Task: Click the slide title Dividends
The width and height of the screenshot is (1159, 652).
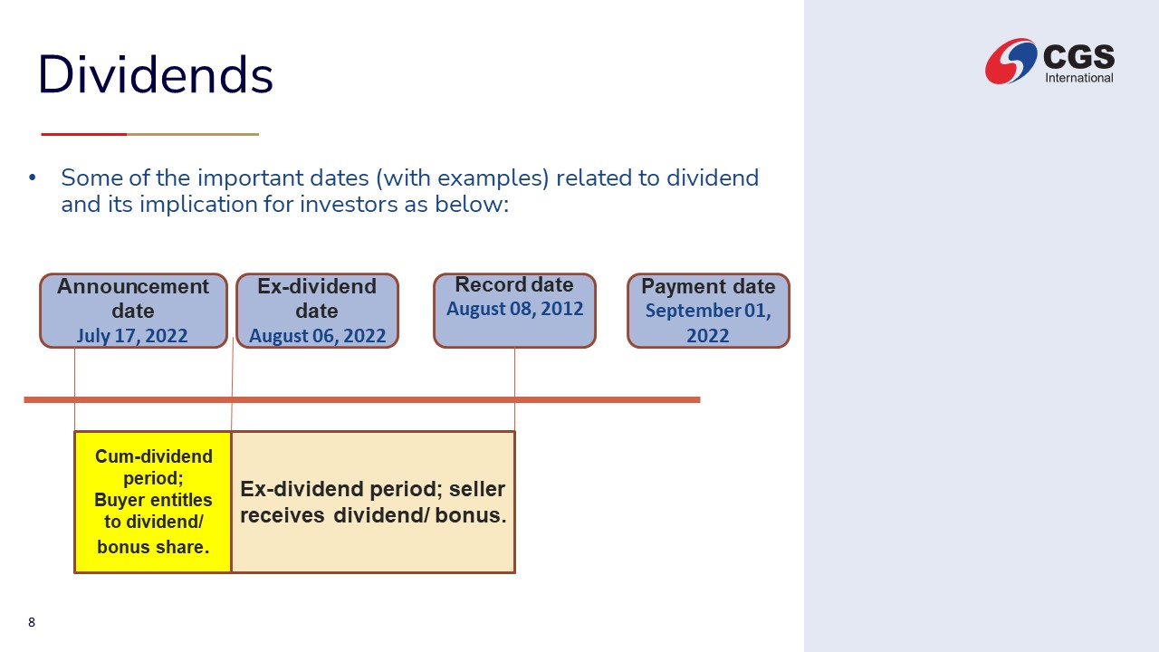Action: click(x=155, y=74)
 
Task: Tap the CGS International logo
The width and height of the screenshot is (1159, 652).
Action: click(x=1049, y=61)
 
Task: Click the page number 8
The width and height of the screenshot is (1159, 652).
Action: click(x=32, y=622)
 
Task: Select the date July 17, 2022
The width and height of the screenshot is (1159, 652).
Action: click(x=132, y=336)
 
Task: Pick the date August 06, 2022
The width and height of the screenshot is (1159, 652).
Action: click(x=317, y=336)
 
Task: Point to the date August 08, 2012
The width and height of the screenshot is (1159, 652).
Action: click(x=515, y=309)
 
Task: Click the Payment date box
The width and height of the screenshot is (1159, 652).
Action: click(x=708, y=311)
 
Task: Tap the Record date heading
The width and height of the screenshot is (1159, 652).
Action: click(x=514, y=284)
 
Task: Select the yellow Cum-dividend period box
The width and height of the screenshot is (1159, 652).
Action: click(x=153, y=502)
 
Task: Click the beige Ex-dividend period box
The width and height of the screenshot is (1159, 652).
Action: click(x=373, y=502)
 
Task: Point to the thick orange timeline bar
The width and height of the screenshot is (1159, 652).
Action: click(x=362, y=399)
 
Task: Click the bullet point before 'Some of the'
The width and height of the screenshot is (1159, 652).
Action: click(x=33, y=177)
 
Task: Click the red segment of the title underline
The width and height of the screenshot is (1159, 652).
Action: click(x=84, y=135)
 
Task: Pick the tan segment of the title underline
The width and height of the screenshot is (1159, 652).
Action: click(x=193, y=135)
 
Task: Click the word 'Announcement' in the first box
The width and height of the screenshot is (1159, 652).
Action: click(x=133, y=286)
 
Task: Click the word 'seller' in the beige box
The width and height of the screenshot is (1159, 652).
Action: click(x=476, y=489)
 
